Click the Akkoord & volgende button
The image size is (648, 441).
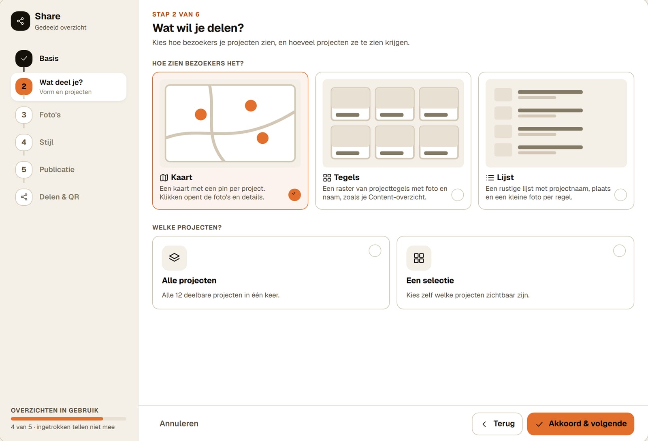tap(580, 424)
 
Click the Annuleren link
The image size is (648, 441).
tap(179, 424)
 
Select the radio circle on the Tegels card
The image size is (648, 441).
tap(457, 195)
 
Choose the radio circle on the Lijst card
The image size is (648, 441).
tap(620, 195)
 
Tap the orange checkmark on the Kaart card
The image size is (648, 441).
tap(294, 195)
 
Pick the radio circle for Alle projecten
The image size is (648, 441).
tap(375, 251)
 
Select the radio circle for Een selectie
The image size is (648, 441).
tap(619, 251)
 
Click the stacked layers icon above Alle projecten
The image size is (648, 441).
tap(174, 258)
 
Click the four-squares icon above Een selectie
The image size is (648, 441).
tap(419, 258)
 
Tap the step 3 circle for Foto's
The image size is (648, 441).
tap(24, 115)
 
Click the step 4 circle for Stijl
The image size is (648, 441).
tap(24, 142)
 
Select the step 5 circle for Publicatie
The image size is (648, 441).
tap(24, 169)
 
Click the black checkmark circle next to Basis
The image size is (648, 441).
tap(24, 58)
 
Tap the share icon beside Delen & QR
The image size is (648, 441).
tap(24, 197)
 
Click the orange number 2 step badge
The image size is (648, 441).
tap(24, 87)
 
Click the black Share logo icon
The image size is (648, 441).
tap(20, 21)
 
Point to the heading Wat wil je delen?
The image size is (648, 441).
tap(198, 28)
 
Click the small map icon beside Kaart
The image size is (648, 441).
tap(164, 177)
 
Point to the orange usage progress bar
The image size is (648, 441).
tap(57, 418)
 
